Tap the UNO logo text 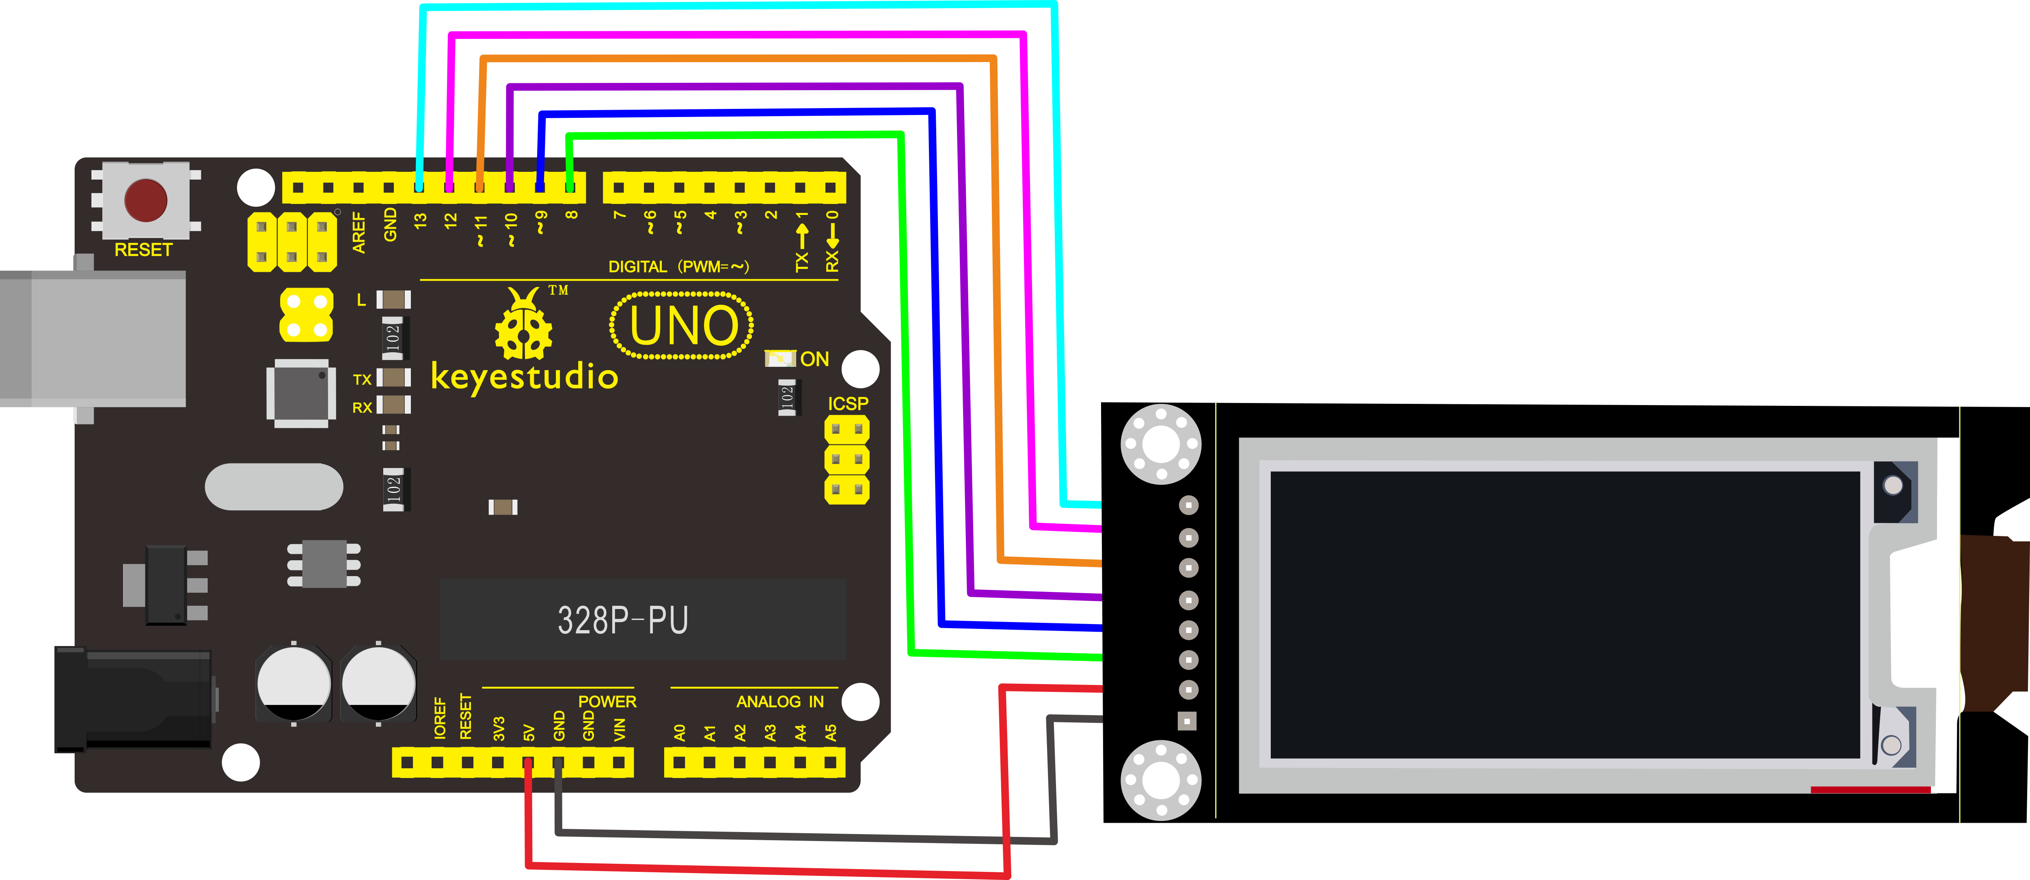(x=682, y=326)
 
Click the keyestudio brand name (x=524, y=376)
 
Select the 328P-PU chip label (x=622, y=620)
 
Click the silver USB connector (x=93, y=339)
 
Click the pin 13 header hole (x=419, y=188)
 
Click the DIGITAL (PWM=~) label (x=678, y=267)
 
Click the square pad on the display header (x=1187, y=721)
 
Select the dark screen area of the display (x=1564, y=615)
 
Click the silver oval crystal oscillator (x=274, y=487)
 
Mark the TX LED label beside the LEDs (x=362, y=379)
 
